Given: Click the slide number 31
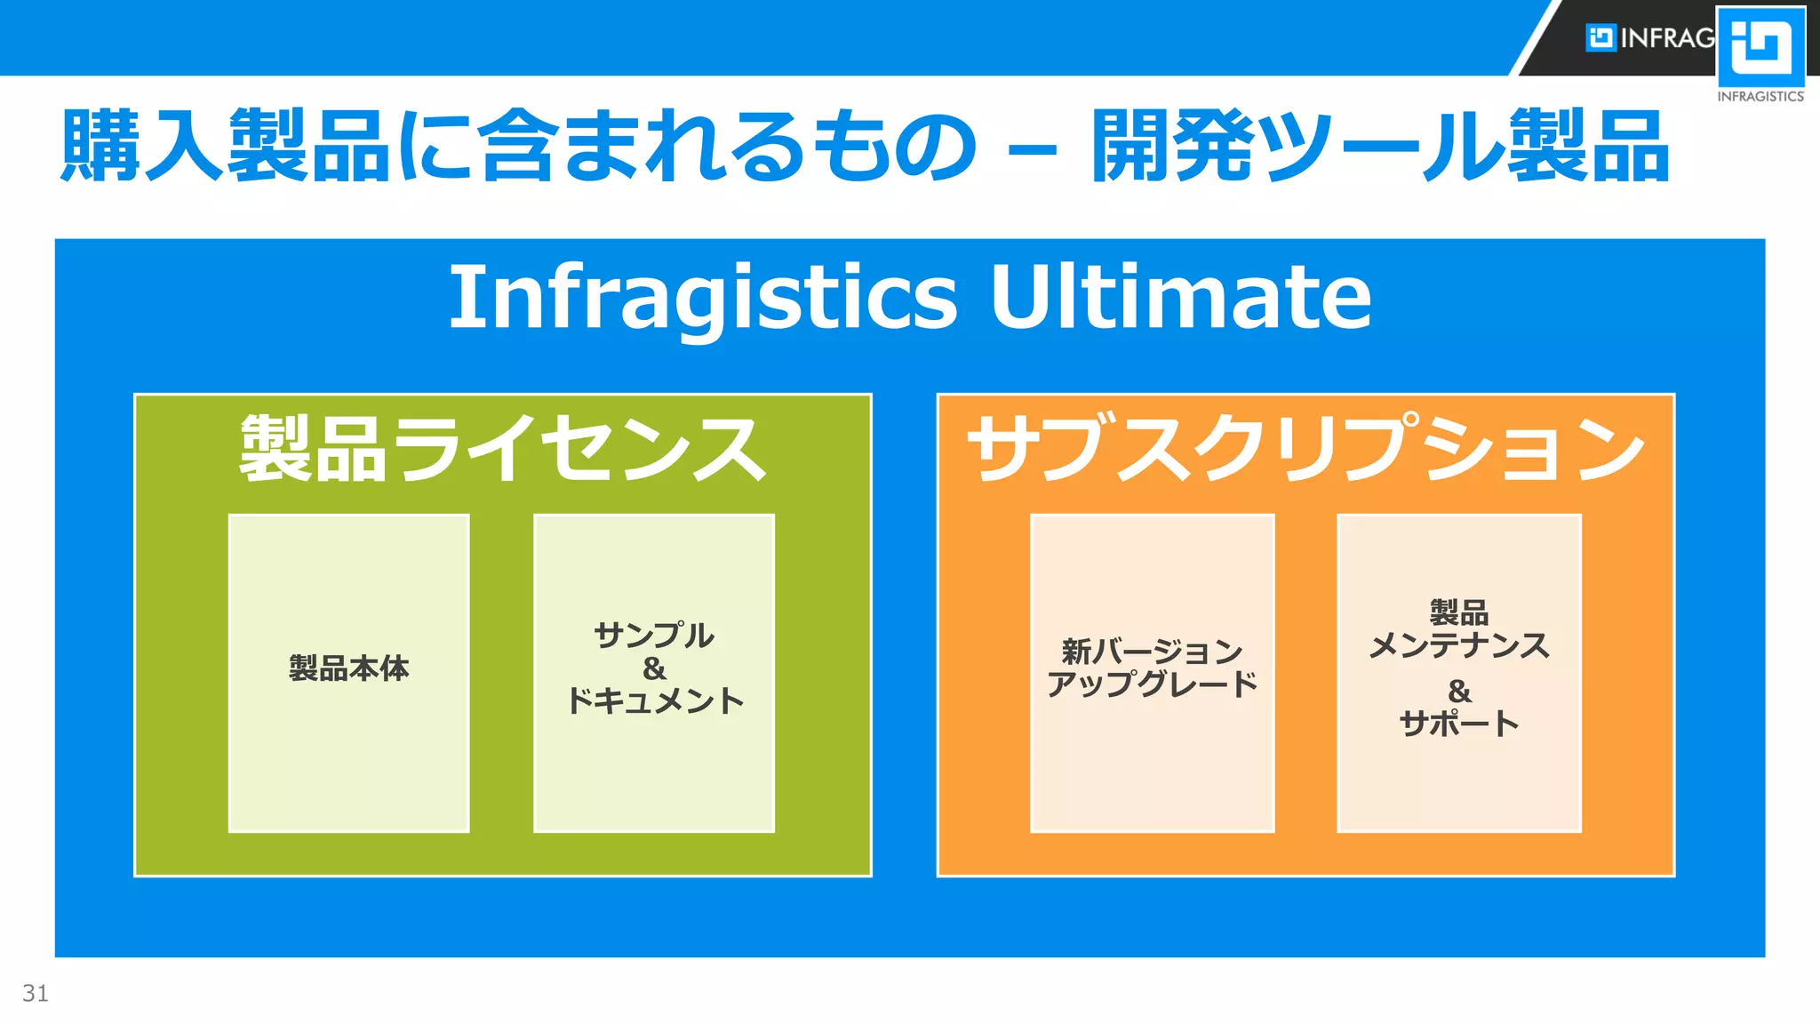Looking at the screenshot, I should (36, 993).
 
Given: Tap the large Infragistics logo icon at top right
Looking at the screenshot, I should (1760, 46).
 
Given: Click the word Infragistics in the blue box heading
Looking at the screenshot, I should (703, 297).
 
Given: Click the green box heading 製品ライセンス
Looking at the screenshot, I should (502, 449).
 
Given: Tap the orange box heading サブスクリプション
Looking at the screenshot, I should (1305, 449).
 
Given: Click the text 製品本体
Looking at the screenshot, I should (348, 668).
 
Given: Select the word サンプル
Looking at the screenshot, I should (654, 635).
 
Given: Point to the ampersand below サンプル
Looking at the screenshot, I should (654, 668).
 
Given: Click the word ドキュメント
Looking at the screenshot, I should (654, 701).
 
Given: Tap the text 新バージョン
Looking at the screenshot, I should (1152, 652).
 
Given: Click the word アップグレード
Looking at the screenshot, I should (1152, 684).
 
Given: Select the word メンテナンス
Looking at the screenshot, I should (1458, 645).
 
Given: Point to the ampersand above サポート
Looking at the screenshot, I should (1458, 691).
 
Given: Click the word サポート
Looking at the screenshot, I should (1458, 724).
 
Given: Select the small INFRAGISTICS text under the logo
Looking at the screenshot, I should (1760, 96).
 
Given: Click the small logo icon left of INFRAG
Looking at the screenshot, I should (1600, 37).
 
